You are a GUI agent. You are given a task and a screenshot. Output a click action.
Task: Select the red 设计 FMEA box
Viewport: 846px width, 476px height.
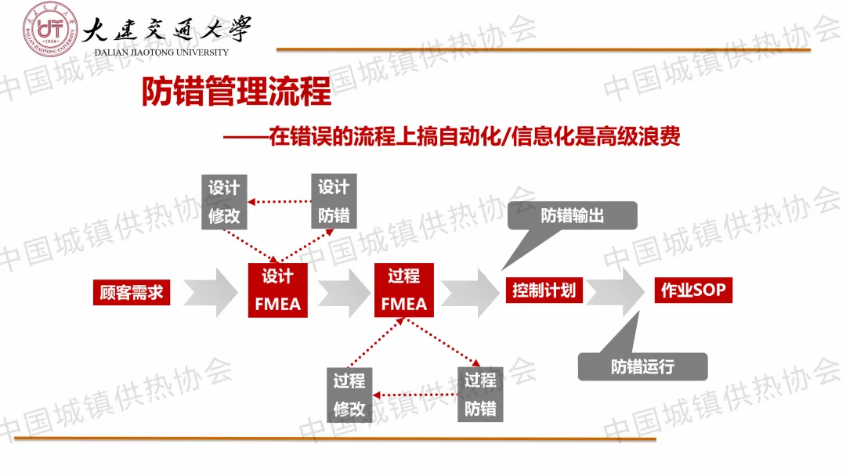(x=277, y=290)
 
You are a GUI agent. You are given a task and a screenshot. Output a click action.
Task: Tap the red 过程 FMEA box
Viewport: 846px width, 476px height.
(x=403, y=290)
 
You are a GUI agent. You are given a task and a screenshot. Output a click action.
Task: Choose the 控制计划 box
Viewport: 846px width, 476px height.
(x=544, y=290)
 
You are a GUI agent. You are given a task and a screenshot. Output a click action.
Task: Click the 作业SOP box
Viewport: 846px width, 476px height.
(x=693, y=291)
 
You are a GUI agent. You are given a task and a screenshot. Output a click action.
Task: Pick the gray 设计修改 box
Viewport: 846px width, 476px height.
(x=224, y=202)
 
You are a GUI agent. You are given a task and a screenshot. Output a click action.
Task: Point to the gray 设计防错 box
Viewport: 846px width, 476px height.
(x=334, y=201)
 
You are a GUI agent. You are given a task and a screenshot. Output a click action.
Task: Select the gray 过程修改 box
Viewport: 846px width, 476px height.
(x=349, y=395)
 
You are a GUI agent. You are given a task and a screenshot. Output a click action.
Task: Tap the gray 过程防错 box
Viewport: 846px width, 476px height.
(x=480, y=395)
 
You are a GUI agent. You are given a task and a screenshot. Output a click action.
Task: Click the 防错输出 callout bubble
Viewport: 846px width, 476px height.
(x=573, y=215)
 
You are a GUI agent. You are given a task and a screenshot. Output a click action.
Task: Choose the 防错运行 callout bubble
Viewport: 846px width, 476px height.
(x=642, y=366)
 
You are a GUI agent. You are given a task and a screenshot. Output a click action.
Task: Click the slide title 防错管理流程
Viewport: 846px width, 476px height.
(x=236, y=92)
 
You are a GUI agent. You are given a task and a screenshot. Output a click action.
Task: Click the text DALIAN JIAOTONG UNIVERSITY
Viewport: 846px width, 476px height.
(x=161, y=52)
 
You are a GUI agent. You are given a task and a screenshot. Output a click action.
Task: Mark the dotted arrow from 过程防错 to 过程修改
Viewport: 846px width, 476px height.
(x=414, y=395)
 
